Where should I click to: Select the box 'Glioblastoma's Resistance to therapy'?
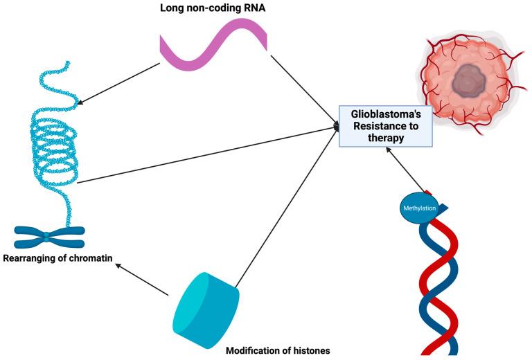pos(385,125)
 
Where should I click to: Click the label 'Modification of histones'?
pos(278,350)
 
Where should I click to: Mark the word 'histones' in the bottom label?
pos(308,350)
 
